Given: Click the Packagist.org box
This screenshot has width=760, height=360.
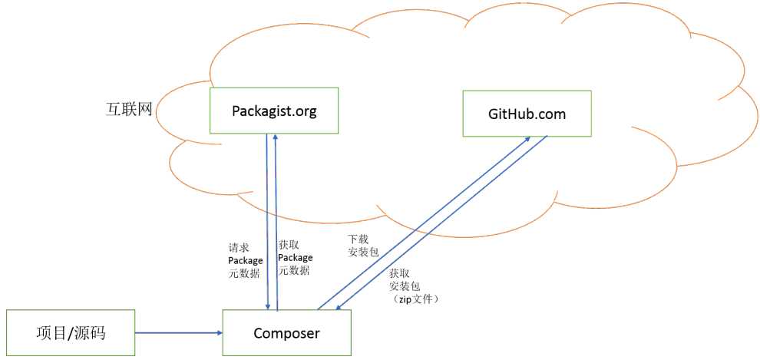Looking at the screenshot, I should point(274,111).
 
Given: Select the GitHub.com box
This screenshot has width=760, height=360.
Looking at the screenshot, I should point(527,114).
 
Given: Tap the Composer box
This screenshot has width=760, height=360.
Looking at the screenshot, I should point(286,333).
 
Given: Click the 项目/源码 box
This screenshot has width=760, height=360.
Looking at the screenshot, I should point(70,333).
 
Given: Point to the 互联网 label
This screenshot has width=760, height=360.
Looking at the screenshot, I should point(128,108).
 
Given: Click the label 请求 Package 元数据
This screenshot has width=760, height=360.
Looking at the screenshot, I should point(245,260).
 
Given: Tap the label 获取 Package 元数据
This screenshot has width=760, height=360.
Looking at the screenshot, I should point(295,257).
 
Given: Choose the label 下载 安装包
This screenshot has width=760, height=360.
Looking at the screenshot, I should point(362,245).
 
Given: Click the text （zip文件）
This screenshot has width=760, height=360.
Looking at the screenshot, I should point(415,299).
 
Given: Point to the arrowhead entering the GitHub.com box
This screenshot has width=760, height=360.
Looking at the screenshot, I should point(529,140).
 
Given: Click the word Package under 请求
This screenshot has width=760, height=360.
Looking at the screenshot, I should point(245,260).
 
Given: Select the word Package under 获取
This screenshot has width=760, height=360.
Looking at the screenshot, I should point(295,257).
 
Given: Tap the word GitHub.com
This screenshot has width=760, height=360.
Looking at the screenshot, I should point(527,114).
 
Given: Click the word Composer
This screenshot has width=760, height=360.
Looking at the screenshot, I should point(286,333).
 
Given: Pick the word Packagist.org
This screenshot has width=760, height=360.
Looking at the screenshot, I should point(274,111).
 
